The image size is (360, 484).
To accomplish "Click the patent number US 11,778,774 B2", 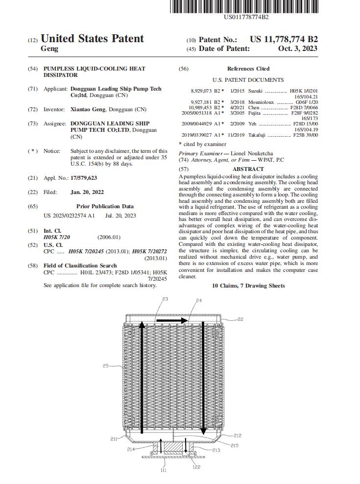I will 284,39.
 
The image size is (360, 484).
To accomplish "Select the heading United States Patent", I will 92,39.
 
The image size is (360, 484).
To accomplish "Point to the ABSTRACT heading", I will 248,169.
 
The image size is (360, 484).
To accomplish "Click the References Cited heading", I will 248,69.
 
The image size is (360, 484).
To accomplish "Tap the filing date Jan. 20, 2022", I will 87,192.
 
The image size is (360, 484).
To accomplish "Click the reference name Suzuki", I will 256,91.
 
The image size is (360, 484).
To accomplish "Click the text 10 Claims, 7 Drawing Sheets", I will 248,286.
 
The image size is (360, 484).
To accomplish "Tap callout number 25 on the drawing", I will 106,365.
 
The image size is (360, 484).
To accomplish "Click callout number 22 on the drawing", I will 240,319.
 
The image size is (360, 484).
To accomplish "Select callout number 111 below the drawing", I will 163,470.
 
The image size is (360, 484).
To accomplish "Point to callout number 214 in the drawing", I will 131,449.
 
